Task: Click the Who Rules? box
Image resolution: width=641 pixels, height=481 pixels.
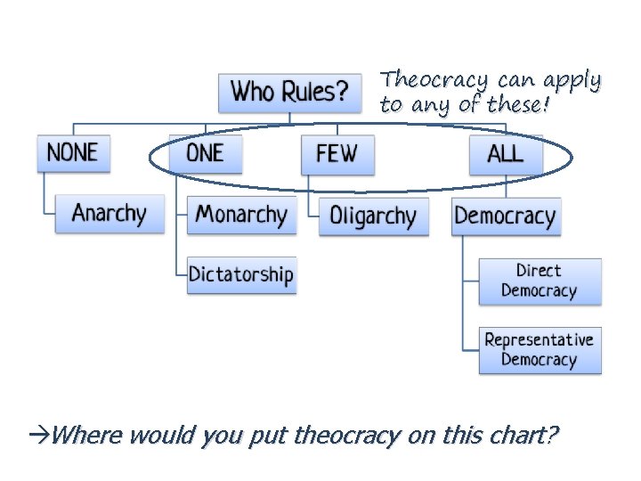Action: coord(290,92)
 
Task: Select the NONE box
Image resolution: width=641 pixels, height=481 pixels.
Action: coord(73,152)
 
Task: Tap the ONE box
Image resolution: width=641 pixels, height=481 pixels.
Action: coord(206,153)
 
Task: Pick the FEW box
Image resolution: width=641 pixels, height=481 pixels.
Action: coord(337,154)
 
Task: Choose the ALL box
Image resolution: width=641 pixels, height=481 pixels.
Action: coord(505,153)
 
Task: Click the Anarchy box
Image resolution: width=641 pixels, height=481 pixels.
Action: coord(110,214)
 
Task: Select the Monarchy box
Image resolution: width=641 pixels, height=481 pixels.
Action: coord(241,215)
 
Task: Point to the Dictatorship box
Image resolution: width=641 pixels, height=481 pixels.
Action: coord(240,274)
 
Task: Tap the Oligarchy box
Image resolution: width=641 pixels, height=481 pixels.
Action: coord(373,216)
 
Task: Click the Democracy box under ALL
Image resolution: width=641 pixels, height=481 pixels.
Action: coord(505,216)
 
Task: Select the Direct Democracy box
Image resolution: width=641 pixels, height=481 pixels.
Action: coord(540,281)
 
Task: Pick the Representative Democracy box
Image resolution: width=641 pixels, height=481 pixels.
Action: coord(540,350)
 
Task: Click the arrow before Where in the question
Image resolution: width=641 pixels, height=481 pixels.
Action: coord(40,435)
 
